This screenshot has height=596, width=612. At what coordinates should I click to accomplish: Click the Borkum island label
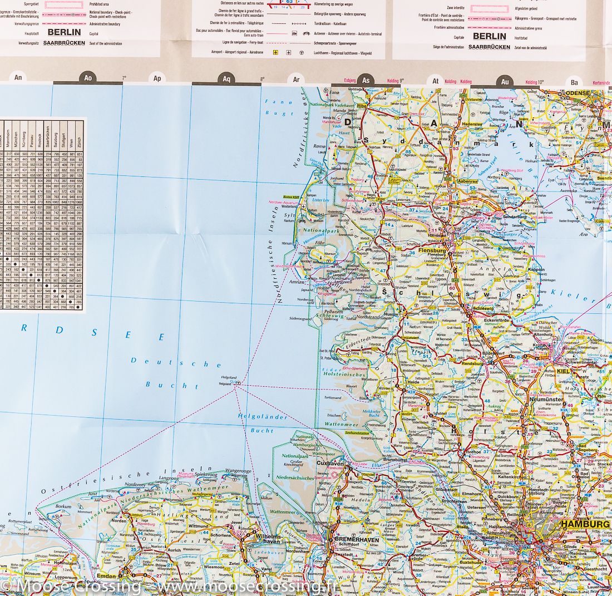click(63, 507)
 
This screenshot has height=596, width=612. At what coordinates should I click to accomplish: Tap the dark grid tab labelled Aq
click(226, 79)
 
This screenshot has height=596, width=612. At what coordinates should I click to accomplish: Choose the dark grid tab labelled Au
click(505, 81)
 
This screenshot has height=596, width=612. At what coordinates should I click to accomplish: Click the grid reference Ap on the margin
click(157, 78)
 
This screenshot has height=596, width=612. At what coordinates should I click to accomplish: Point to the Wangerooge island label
click(238, 471)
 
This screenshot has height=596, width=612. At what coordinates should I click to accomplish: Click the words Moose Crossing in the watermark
click(78, 586)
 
